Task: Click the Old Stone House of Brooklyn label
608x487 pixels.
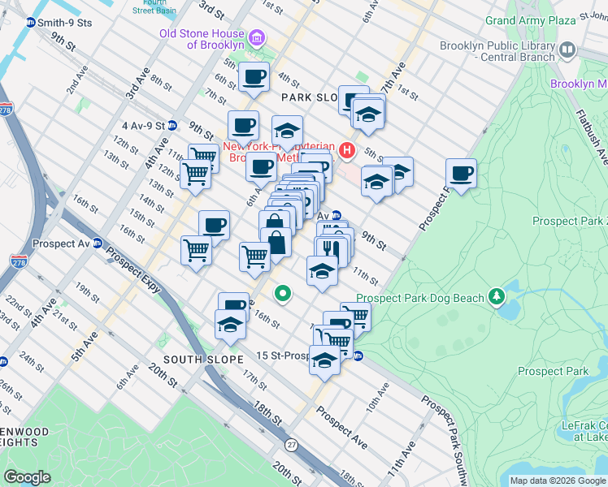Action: coord(202,39)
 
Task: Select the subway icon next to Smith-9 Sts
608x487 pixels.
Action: coord(30,23)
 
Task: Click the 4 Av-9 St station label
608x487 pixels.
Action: coord(143,126)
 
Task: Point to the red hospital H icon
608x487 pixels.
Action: coord(348,149)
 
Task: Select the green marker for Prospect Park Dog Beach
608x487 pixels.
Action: coord(496,298)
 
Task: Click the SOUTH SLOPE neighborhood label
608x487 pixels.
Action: coord(202,360)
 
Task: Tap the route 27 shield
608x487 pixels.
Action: coord(292,445)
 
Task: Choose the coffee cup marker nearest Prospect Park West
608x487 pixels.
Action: coord(462,174)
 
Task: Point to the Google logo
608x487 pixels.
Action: coord(27,477)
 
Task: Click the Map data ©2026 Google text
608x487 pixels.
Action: coord(557,481)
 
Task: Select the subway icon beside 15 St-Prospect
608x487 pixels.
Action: coord(357,356)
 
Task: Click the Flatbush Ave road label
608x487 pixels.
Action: coord(591,134)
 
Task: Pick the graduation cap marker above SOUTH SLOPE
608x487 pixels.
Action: coord(232,325)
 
